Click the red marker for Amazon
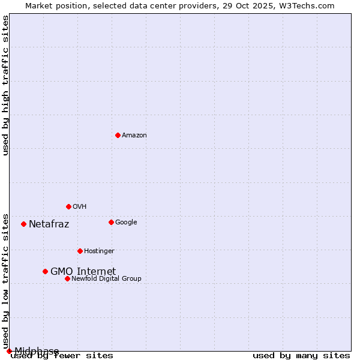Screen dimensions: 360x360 118,135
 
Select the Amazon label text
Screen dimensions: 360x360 134,136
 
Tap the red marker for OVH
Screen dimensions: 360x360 68,206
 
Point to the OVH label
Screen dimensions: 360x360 80,207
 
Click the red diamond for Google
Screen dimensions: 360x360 111,222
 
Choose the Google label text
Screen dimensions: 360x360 126,223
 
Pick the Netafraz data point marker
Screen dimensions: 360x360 23,224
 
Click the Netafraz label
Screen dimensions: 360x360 49,224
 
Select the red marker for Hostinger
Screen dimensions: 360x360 80,251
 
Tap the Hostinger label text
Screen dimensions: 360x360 99,251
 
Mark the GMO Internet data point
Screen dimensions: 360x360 45,271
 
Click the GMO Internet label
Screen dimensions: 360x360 83,272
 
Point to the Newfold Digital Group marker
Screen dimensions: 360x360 67,278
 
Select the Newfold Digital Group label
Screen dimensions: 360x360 106,279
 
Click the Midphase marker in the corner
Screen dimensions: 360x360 9,351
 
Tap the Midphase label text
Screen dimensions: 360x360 37,351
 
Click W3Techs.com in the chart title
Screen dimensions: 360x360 311,5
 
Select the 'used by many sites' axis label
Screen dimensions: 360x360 301,356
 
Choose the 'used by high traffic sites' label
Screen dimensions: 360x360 5,85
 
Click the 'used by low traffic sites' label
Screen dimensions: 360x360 5,281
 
